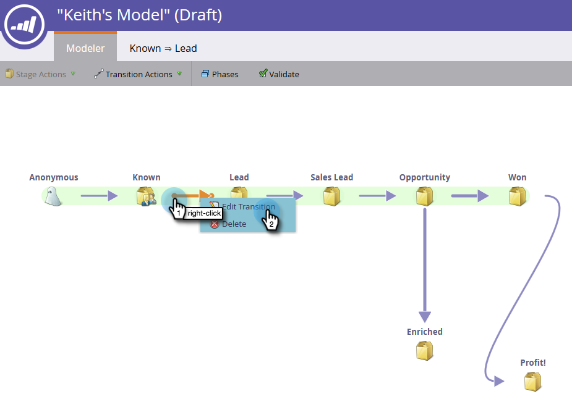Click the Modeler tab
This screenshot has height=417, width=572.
click(x=85, y=48)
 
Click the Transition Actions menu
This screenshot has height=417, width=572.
click(x=139, y=74)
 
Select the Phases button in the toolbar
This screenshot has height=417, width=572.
click(x=220, y=74)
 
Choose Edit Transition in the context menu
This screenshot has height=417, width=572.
click(x=248, y=207)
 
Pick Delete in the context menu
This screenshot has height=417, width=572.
click(x=234, y=224)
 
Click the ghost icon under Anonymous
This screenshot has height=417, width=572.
click(x=53, y=196)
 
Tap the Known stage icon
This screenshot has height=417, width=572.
click(x=146, y=196)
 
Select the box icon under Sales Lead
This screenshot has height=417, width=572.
click(x=332, y=196)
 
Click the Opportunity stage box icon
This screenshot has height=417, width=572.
click(x=424, y=196)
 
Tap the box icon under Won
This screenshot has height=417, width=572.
click(x=517, y=196)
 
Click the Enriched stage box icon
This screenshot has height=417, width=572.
click(x=424, y=351)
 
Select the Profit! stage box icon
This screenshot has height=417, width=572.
click(x=532, y=382)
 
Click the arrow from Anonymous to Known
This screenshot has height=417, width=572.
click(x=100, y=196)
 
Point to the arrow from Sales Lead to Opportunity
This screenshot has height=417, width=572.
click(x=377, y=196)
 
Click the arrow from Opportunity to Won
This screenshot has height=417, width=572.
click(x=470, y=196)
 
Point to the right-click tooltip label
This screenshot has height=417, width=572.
click(x=204, y=213)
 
